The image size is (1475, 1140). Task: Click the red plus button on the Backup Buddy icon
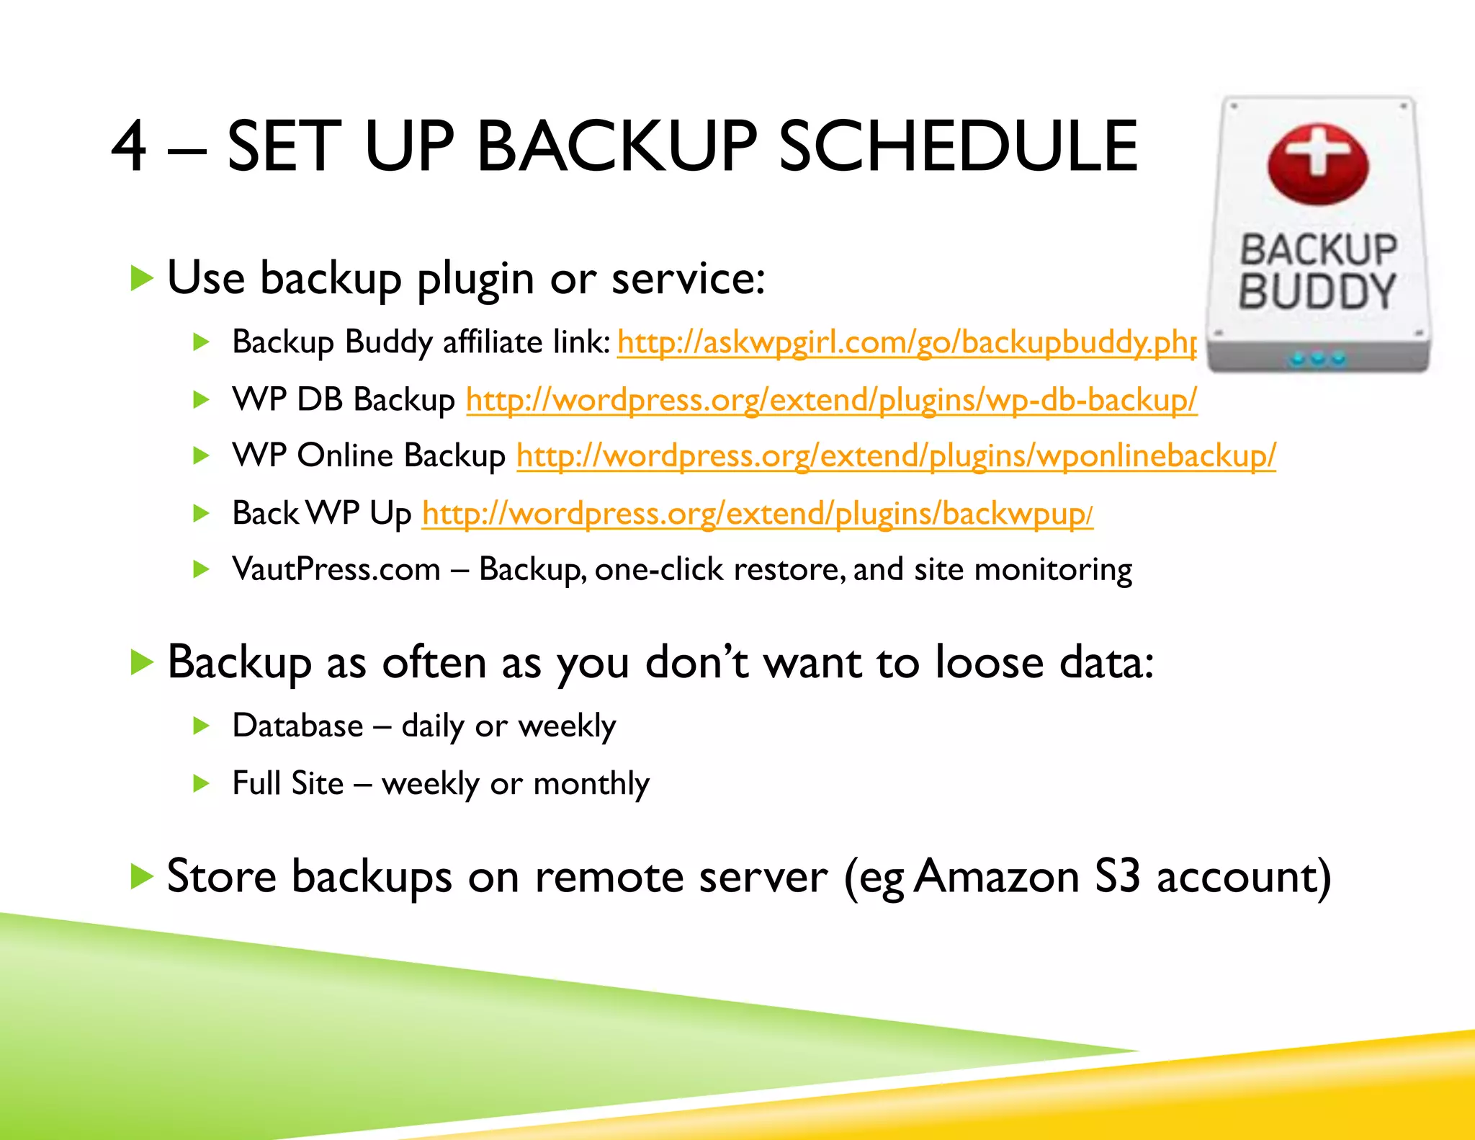(x=1317, y=163)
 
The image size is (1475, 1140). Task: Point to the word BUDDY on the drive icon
(x=1317, y=292)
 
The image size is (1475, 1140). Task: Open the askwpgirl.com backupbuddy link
(x=907, y=342)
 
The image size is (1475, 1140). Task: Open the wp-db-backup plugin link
(x=831, y=400)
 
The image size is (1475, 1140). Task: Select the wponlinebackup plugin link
(x=896, y=456)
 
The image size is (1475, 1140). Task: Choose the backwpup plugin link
(x=757, y=514)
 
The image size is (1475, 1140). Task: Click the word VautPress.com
(x=336, y=569)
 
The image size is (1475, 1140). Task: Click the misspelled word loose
(x=989, y=662)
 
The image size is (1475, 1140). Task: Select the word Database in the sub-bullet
(x=297, y=726)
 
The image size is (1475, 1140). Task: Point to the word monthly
(x=591, y=783)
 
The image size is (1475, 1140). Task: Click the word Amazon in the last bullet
(x=997, y=877)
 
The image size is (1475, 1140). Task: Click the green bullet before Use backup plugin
(x=142, y=278)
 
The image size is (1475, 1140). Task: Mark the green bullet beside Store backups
(x=142, y=877)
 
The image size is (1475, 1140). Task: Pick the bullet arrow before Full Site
(x=201, y=783)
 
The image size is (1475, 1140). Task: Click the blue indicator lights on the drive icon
(x=1317, y=357)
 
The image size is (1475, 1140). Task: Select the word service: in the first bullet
(x=688, y=278)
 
